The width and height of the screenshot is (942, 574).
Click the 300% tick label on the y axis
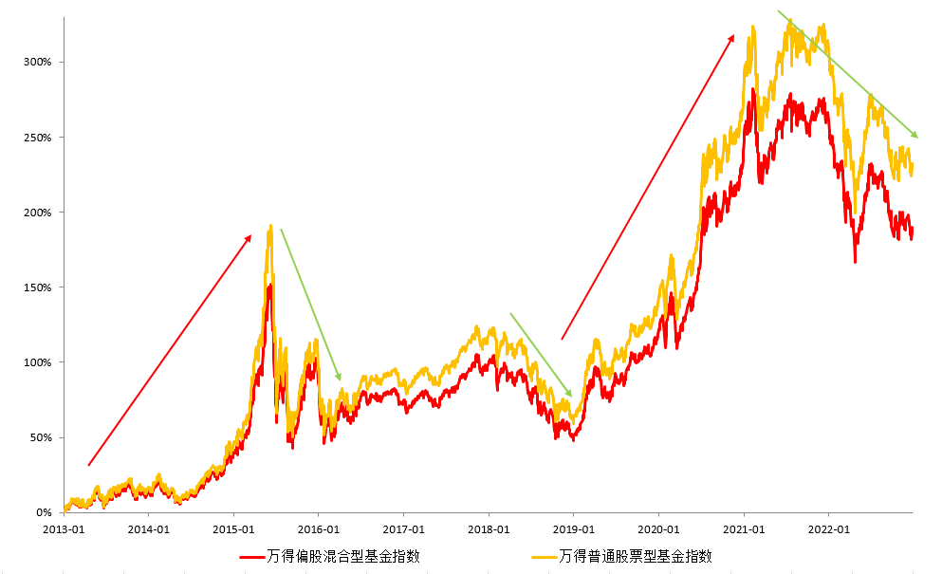(37, 63)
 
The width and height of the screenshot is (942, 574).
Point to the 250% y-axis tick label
(37, 138)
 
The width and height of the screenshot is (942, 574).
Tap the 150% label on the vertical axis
(37, 287)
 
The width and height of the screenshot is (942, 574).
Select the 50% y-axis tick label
(40, 437)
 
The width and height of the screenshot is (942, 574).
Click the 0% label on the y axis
(44, 512)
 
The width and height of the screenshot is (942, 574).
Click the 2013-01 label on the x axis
(65, 528)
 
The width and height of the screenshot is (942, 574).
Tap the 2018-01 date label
(489, 528)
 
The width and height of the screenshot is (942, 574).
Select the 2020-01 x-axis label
(658, 528)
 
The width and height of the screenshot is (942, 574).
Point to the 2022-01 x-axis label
(828, 528)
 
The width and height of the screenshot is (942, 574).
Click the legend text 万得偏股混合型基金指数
(343, 556)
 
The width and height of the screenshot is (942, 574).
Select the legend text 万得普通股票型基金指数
(636, 556)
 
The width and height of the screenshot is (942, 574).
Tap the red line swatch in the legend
(252, 557)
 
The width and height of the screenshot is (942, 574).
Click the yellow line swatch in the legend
(544, 557)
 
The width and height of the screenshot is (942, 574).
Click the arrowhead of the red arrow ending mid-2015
(249, 237)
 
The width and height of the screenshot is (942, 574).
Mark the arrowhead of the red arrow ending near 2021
(732, 37)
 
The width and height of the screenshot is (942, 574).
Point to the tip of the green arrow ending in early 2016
(339, 379)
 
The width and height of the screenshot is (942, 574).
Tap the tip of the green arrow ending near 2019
(570, 395)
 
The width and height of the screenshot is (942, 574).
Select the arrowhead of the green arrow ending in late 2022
(915, 136)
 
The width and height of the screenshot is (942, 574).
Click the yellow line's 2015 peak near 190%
(271, 227)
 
